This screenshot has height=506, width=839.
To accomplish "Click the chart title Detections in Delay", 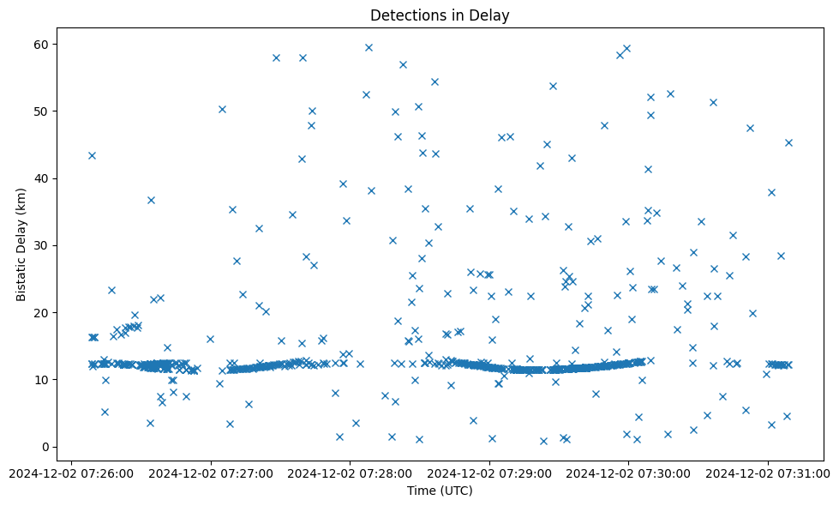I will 439,15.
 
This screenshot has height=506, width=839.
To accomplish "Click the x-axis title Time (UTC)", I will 440,491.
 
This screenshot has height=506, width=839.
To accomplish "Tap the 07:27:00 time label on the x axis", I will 210,472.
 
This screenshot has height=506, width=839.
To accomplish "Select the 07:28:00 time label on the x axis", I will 350,472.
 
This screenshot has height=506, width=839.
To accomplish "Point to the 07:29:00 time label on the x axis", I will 489,472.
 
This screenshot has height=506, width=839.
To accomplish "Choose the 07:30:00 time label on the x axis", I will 628,472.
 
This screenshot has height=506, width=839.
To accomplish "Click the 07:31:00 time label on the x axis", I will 768,472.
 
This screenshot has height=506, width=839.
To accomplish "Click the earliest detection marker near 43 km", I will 92,155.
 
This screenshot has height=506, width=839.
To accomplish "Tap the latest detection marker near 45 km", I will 788,142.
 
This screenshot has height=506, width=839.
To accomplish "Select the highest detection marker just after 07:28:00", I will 369,47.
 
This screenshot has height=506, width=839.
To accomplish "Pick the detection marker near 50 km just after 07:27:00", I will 222,109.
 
